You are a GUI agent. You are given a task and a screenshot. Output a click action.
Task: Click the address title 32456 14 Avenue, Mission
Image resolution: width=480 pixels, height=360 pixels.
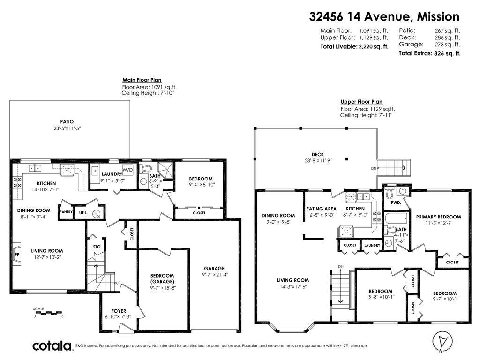(x=384, y=17)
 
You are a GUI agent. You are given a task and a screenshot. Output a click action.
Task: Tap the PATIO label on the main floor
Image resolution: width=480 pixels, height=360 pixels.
(x=67, y=122)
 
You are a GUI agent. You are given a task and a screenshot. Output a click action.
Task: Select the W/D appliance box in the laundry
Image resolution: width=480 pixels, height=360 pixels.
(x=127, y=169)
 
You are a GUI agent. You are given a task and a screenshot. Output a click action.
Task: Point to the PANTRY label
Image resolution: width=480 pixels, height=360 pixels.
(x=65, y=212)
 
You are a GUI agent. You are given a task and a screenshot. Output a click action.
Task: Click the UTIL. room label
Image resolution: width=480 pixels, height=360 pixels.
(x=83, y=212)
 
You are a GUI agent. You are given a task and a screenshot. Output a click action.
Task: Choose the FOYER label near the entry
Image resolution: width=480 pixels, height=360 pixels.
(x=119, y=311)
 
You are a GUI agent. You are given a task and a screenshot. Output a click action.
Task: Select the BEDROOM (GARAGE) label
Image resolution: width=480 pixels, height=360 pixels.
(x=162, y=278)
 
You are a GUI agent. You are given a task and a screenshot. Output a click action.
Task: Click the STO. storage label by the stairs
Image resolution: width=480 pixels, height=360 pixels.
(x=97, y=246)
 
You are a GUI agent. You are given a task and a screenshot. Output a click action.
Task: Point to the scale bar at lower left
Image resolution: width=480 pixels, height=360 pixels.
(x=49, y=312)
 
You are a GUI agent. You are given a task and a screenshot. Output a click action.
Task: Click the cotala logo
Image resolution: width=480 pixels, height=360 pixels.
(x=52, y=346)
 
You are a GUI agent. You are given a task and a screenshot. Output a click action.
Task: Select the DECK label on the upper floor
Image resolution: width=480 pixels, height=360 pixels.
(x=318, y=154)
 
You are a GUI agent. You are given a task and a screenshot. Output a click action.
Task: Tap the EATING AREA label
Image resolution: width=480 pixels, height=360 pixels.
(x=321, y=209)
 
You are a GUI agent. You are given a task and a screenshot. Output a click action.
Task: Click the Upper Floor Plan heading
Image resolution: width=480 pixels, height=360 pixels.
(x=361, y=102)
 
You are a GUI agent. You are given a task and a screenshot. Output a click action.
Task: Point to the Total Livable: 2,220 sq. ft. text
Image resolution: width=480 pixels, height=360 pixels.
(x=354, y=46)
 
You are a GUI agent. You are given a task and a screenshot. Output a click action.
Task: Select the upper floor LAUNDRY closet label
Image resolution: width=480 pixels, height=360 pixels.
(x=372, y=245)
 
